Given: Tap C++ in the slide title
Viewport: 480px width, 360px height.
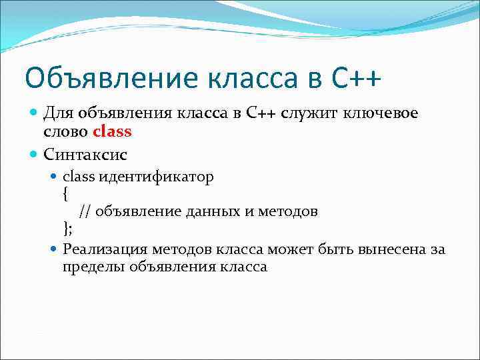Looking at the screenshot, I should point(357,78).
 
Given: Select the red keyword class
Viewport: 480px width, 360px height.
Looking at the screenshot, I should point(113,131).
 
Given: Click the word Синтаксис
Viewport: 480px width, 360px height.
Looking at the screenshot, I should point(85,155).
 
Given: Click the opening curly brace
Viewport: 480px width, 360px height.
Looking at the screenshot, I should point(65,195).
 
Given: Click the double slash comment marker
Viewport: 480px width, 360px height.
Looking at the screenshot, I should point(85,212).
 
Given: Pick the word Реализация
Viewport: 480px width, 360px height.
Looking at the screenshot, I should point(105,249).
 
